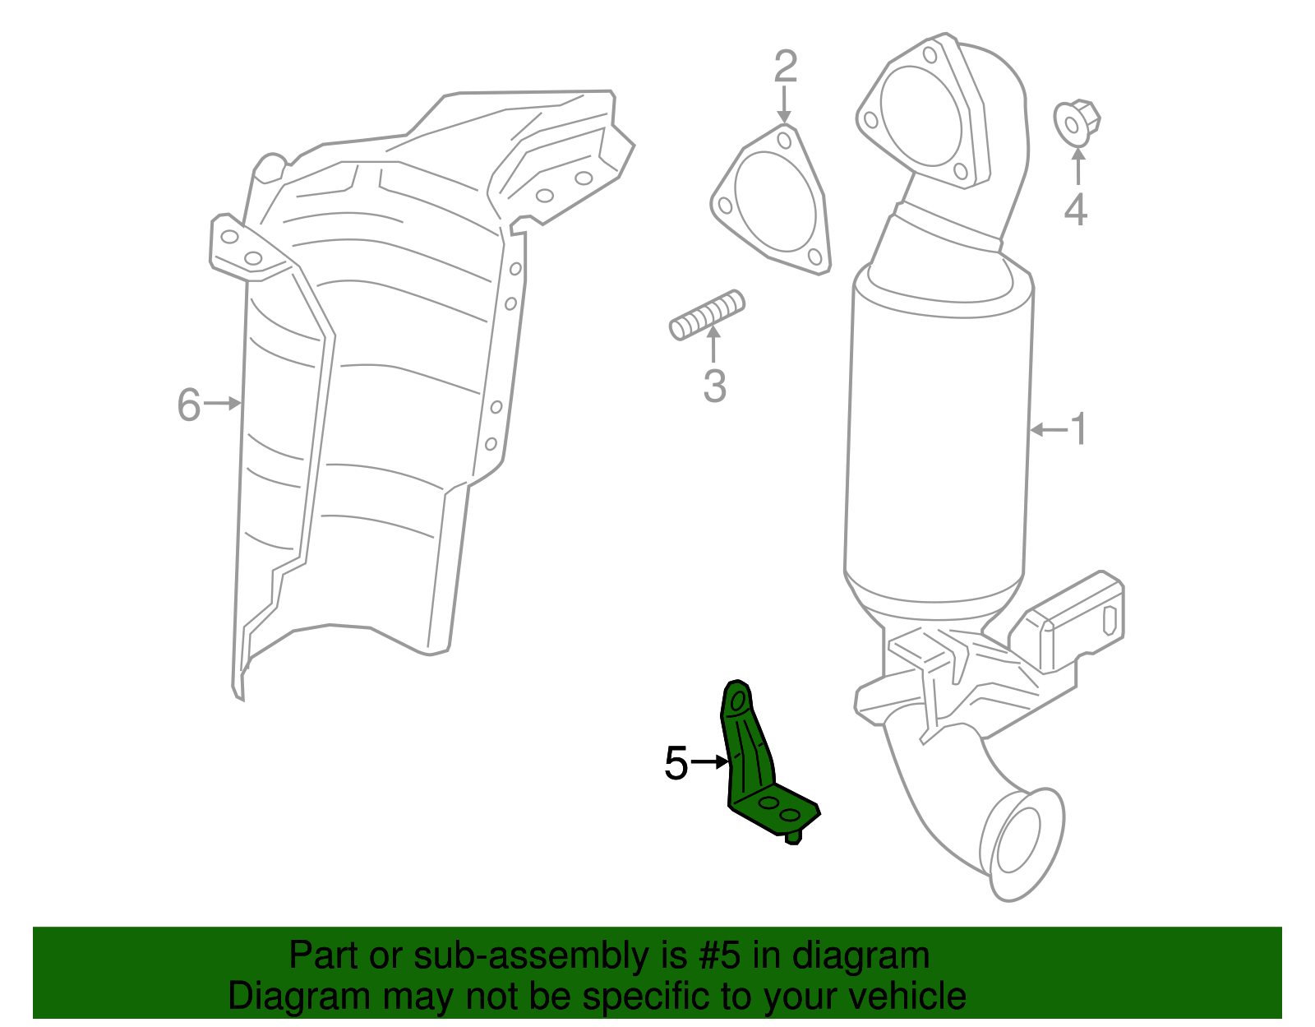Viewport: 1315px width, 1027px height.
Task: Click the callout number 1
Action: click(x=1078, y=429)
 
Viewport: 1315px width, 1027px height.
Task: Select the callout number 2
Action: click(x=786, y=67)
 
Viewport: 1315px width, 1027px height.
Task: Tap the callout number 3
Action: click(x=714, y=386)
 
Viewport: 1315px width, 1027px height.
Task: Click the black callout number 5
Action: click(x=676, y=764)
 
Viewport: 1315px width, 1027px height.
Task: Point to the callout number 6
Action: click(x=189, y=405)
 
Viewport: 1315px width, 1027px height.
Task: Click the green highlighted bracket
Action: click(x=752, y=765)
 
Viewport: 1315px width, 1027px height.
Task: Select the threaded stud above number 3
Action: click(x=707, y=315)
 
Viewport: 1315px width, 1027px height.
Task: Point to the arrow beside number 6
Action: click(x=223, y=403)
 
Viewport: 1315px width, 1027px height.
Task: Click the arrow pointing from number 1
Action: click(x=1047, y=429)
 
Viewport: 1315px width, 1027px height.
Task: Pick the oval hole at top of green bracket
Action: click(x=738, y=700)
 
